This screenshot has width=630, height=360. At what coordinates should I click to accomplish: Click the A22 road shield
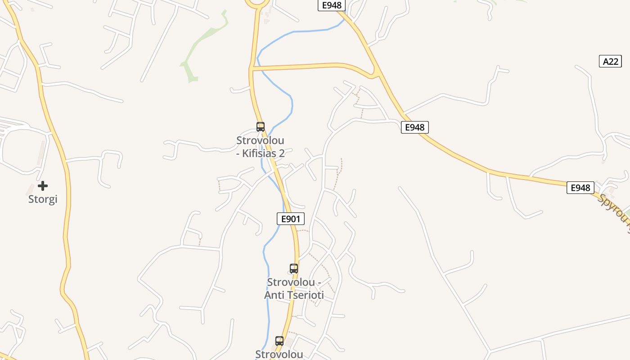click(x=610, y=61)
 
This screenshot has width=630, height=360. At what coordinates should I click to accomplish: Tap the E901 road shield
click(x=290, y=219)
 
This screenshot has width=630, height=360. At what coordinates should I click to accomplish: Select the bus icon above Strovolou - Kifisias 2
click(x=261, y=127)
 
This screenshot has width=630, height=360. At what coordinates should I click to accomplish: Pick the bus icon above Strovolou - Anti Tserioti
click(x=294, y=269)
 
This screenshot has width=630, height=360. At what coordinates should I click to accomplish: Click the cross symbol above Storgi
click(x=43, y=185)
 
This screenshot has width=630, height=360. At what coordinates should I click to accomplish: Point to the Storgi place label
click(x=43, y=199)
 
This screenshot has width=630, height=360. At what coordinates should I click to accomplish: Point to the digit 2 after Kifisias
click(x=281, y=153)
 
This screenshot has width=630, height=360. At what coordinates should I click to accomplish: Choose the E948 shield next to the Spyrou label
click(x=580, y=188)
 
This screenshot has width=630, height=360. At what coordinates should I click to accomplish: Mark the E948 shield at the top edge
click(x=332, y=5)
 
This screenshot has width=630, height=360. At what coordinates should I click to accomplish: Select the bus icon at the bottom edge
click(x=279, y=341)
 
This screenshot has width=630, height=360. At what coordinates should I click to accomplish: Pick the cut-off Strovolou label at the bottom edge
click(x=279, y=355)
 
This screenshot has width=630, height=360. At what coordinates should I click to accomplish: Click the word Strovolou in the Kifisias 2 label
click(x=260, y=140)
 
